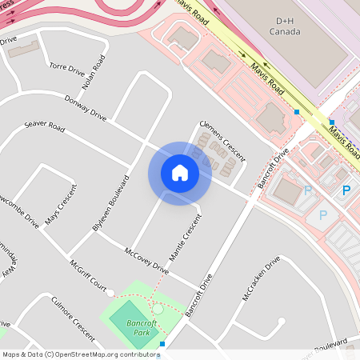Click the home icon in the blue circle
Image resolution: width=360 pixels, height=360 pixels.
tap(179, 173)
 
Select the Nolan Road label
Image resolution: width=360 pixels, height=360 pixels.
tap(94, 71)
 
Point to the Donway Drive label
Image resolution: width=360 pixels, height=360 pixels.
tap(87, 109)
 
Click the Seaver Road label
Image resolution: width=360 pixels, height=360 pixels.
tap(44, 126)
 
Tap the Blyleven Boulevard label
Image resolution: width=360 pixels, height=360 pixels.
tap(110, 205)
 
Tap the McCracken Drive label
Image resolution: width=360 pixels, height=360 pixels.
tap(262, 278)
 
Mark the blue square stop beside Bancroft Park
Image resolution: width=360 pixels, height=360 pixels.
tap(162, 344)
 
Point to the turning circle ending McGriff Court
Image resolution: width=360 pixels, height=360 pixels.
tap(110, 293)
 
